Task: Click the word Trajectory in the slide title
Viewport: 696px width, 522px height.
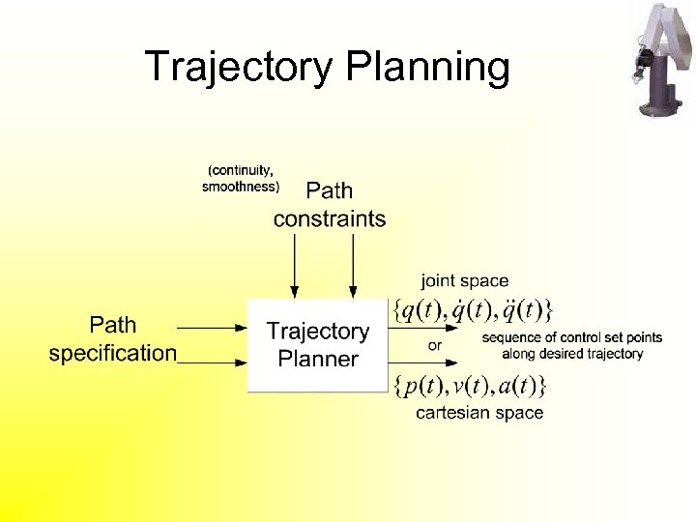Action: pyautogui.click(x=236, y=68)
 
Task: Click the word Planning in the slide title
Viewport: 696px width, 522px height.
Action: pyautogui.click(x=425, y=68)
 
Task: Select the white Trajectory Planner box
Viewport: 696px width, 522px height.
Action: pyautogui.click(x=317, y=345)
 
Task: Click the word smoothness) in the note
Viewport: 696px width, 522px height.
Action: pyautogui.click(x=241, y=187)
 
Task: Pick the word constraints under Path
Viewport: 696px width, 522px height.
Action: pyautogui.click(x=329, y=218)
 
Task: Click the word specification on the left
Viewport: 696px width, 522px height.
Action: pyautogui.click(x=113, y=353)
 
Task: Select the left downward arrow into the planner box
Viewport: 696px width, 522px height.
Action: pyautogui.click(x=295, y=266)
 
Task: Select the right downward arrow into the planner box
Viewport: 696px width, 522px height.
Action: pyautogui.click(x=353, y=266)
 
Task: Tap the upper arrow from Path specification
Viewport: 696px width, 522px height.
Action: pyautogui.click(x=213, y=328)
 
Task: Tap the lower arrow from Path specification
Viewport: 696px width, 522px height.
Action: pyautogui.click(x=213, y=362)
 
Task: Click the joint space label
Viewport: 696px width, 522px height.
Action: pyautogui.click(x=464, y=281)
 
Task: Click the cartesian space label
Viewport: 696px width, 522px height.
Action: pyautogui.click(x=479, y=413)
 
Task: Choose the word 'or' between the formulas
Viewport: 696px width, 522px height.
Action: pyautogui.click(x=435, y=344)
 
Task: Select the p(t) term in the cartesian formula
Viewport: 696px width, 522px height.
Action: pyautogui.click(x=421, y=386)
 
